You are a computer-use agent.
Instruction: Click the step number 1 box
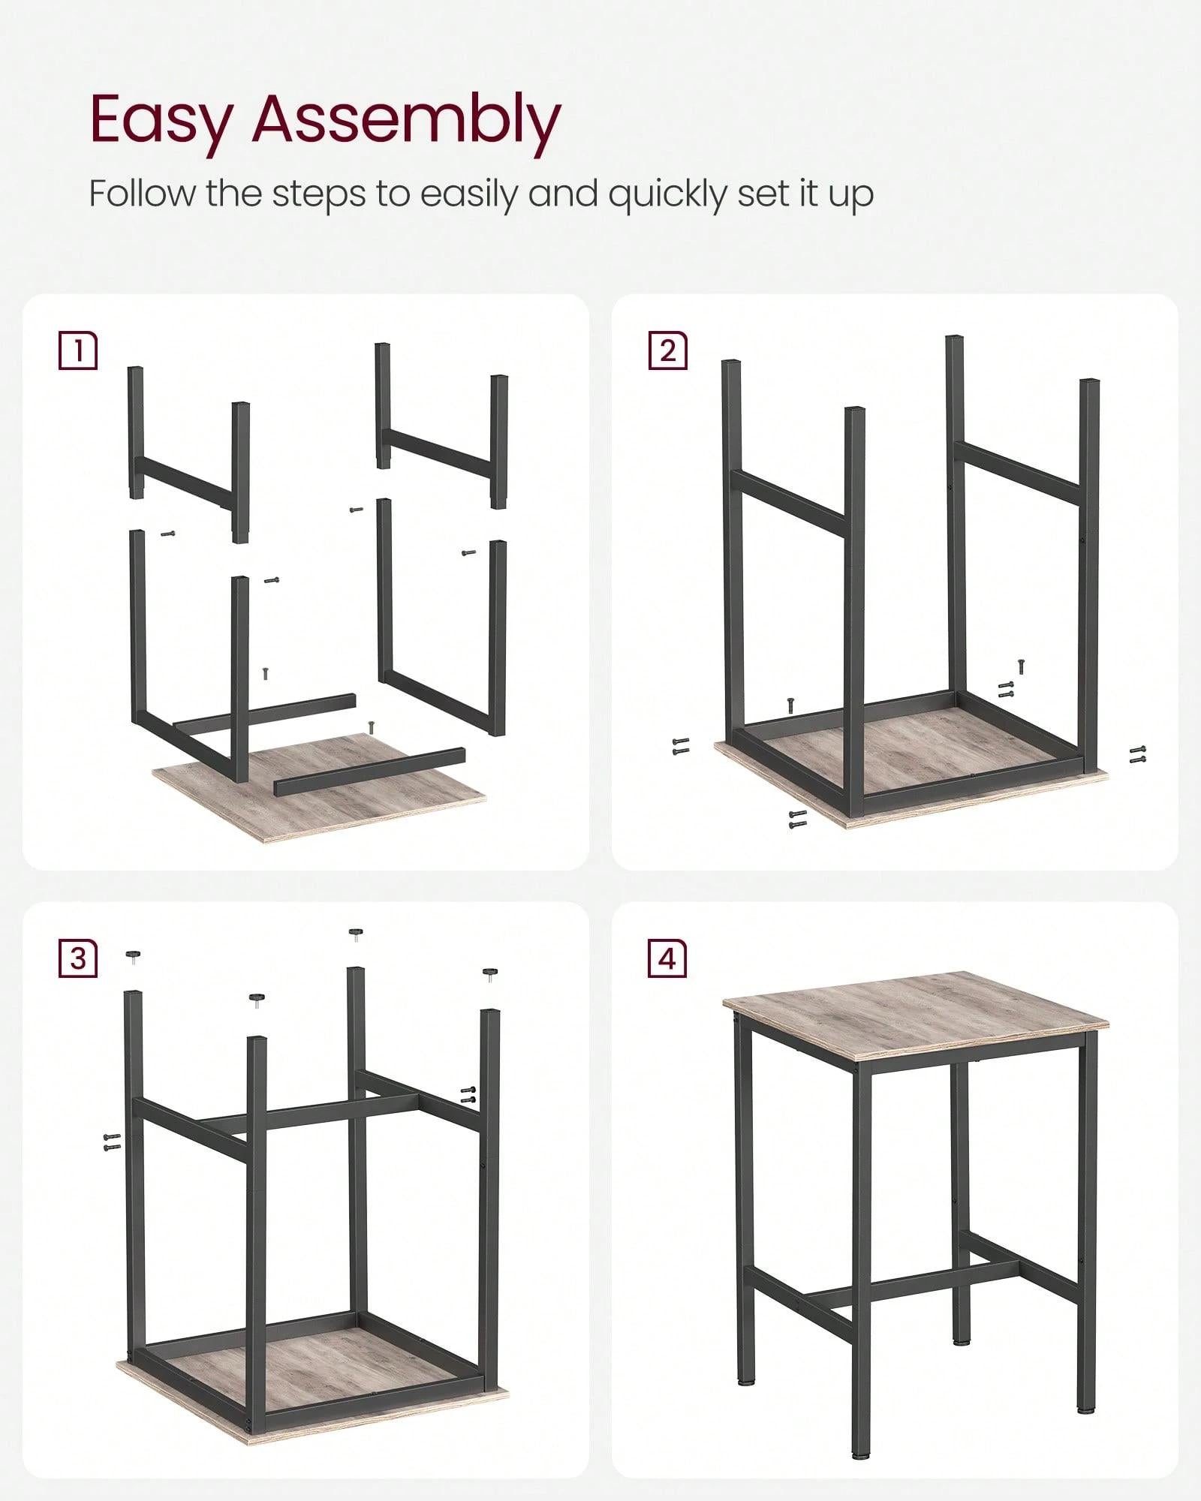pos(77,350)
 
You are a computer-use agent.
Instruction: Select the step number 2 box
pos(667,350)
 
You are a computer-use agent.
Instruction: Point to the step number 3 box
pos(77,958)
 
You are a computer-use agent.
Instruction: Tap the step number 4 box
pos(667,958)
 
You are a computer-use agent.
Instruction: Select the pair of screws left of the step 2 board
pos(681,746)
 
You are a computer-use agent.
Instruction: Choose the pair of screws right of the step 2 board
pos(1138,754)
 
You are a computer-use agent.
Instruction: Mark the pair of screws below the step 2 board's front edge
pos(797,819)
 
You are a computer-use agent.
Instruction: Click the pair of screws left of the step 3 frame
pos(111,1163)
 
